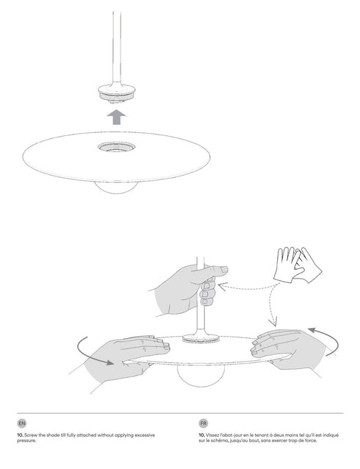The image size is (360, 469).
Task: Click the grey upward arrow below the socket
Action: click(116, 118)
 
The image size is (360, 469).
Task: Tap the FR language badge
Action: click(203, 424)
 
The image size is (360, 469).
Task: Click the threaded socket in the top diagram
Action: click(116, 93)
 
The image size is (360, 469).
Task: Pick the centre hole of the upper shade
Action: click(116, 148)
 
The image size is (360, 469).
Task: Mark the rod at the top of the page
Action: click(116, 37)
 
